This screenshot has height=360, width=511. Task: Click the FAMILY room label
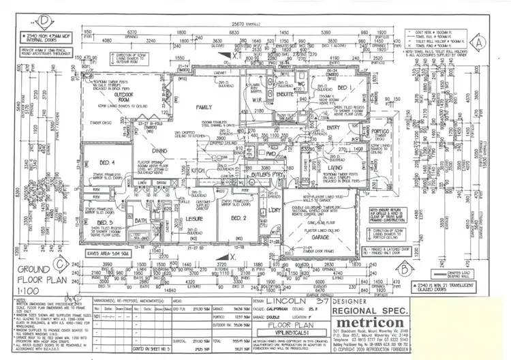pyautogui.click(x=202, y=108)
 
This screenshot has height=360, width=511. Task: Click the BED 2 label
pyautogui.click(x=238, y=218)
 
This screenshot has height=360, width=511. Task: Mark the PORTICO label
pyautogui.click(x=386, y=132)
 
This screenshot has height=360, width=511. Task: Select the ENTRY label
pyautogui.click(x=334, y=127)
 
